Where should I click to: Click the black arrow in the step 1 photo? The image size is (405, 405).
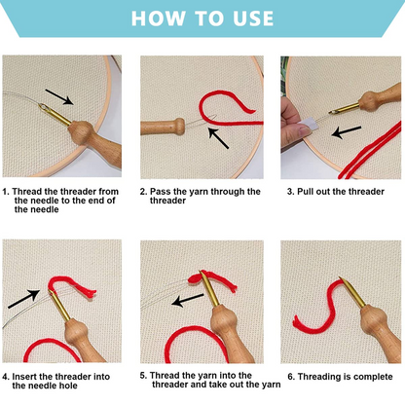59,96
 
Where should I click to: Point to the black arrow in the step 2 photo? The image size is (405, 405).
218,138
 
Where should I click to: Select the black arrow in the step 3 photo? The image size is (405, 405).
347,132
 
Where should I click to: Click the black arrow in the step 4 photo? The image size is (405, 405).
23,299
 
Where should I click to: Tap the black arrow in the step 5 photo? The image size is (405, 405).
187,300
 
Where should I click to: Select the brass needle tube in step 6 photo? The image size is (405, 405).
352,293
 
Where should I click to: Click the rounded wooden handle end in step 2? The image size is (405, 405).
178,127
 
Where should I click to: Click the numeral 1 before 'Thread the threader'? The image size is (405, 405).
5,192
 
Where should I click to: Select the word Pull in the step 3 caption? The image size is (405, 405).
306,192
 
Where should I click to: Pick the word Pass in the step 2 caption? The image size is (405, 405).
160,192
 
